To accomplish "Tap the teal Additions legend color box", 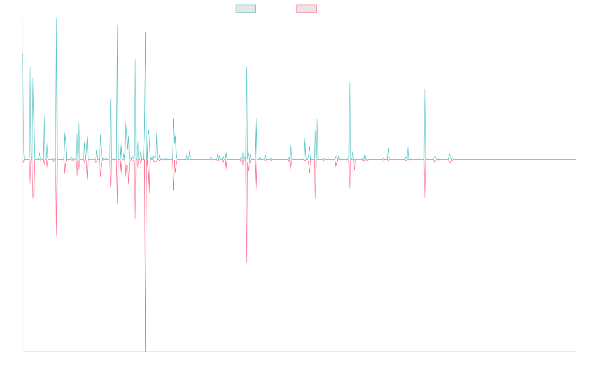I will point(246,9).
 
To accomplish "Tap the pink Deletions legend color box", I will point(307,9).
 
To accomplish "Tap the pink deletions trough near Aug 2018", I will point(247,262).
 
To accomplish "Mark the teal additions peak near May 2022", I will point(425,89).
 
